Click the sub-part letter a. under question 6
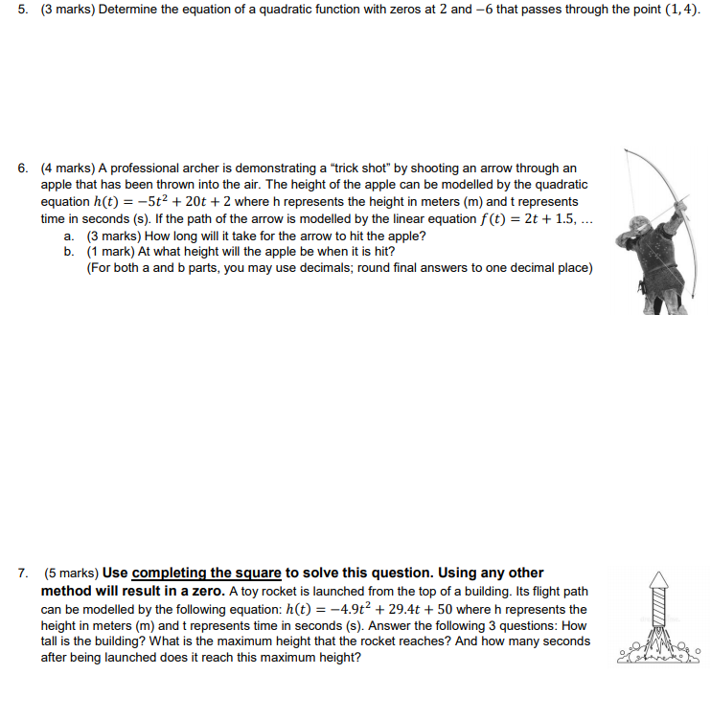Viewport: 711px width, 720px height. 69,236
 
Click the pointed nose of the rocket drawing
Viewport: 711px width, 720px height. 657,575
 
